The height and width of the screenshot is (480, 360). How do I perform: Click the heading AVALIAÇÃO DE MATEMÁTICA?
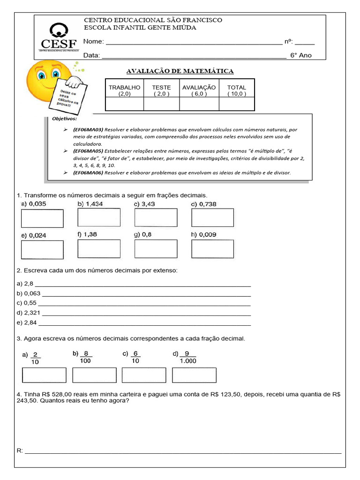click(x=180, y=71)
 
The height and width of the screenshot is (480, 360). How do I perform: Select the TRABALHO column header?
click(x=124, y=90)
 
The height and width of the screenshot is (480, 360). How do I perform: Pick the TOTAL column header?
click(x=236, y=90)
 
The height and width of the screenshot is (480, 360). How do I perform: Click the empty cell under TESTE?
click(x=161, y=104)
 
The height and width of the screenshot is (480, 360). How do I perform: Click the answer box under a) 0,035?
click(x=42, y=218)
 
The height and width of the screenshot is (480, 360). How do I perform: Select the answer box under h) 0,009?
click(x=212, y=249)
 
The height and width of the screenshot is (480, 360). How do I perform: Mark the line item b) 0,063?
click(x=29, y=294)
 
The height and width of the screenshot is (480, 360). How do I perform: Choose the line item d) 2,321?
click(x=29, y=313)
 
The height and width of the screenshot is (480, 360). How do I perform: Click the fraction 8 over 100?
click(x=86, y=357)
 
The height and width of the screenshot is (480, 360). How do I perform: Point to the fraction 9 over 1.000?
click(x=187, y=357)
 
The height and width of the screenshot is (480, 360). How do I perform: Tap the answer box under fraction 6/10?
click(x=144, y=375)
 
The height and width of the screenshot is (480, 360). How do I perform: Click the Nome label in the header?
click(x=93, y=42)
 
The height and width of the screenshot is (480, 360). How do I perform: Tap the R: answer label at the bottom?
click(x=20, y=450)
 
